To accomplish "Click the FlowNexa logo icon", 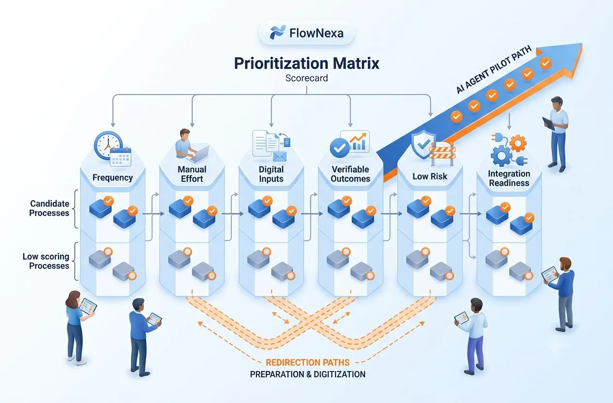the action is click(x=277, y=32).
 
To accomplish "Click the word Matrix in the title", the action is click(x=356, y=63).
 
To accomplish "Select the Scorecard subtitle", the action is click(x=306, y=78).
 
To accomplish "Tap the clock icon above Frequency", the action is click(x=108, y=145).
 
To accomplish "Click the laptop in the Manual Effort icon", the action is click(x=197, y=155).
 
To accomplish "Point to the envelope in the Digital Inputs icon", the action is click(x=280, y=156).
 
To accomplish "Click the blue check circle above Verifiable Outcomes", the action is click(x=339, y=148).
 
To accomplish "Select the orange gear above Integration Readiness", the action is click(x=518, y=143).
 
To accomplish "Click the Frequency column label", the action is click(x=113, y=178).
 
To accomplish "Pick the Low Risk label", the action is click(x=430, y=177).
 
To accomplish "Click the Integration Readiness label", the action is click(x=509, y=178).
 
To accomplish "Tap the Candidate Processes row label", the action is click(x=49, y=208).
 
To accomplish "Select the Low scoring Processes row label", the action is click(x=46, y=261).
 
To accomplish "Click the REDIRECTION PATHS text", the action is click(x=307, y=362).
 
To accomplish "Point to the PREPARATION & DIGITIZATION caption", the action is click(x=307, y=374).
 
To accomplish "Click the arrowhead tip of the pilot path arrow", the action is click(x=582, y=44).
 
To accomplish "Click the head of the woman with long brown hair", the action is click(x=73, y=299).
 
